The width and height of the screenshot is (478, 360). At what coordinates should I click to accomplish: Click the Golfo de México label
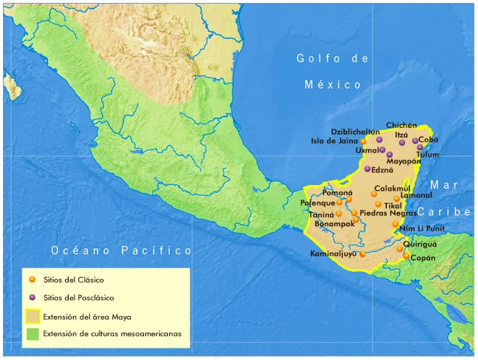[333, 71]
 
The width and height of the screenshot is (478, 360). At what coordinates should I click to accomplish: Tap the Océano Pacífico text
[121, 250]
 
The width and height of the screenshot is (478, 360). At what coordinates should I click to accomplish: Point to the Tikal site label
[393, 206]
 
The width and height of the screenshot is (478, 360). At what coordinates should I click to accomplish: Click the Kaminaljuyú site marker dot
[362, 254]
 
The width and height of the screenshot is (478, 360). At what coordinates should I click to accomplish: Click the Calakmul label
[392, 188]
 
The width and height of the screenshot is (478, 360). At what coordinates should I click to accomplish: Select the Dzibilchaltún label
[356, 132]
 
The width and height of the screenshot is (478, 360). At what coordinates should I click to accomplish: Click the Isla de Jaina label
[333, 141]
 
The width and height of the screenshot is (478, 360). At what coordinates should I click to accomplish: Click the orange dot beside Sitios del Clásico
[32, 279]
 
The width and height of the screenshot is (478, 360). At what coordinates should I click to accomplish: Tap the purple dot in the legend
[32, 297]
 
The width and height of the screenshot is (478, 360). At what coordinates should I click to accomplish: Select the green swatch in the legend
[32, 334]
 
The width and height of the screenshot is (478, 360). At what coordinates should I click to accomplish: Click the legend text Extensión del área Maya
[87, 316]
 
